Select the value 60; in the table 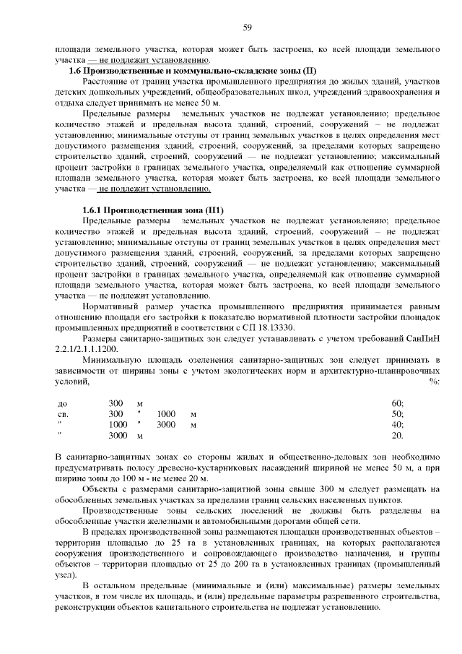(x=397, y=403)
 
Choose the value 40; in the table (x=397, y=425)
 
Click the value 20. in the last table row (x=397, y=436)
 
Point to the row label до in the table (x=61, y=403)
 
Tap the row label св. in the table (x=62, y=414)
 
